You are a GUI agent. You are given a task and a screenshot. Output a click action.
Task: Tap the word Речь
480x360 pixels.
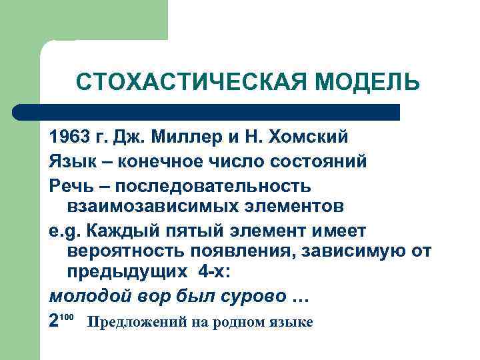[72, 184]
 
